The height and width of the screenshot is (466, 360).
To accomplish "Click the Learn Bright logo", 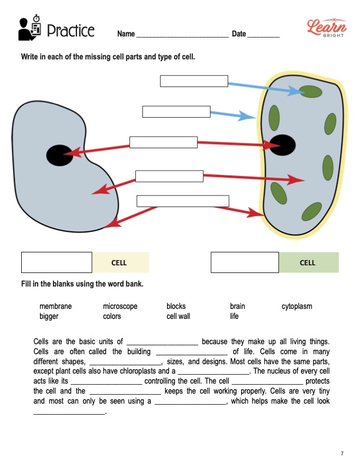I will (x=325, y=26).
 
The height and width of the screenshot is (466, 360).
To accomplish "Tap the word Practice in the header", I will (x=70, y=30).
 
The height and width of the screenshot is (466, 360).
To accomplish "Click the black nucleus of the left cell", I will (x=59, y=155).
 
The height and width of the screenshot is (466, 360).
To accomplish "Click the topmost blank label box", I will (x=194, y=81).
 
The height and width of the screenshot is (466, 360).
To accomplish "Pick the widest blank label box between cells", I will (x=182, y=201).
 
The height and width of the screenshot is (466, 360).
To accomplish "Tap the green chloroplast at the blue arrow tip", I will (x=309, y=92).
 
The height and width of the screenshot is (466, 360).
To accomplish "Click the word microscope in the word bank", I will (x=120, y=307).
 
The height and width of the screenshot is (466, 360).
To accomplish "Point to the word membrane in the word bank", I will (x=55, y=307).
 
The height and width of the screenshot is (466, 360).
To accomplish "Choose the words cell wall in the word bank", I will (x=178, y=317).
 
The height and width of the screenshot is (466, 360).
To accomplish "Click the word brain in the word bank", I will (x=238, y=307).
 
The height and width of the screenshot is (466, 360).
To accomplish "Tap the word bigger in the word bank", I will (x=49, y=317).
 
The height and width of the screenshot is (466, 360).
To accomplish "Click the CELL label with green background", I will (x=308, y=262).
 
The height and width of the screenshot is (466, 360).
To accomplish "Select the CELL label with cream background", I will (x=119, y=262).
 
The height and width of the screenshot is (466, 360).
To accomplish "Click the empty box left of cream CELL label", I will (x=56, y=262).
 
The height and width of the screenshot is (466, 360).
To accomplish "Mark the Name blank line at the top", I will (x=182, y=35).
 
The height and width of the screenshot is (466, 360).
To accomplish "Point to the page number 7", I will (x=342, y=453).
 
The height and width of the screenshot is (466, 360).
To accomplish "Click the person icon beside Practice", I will (x=29, y=28).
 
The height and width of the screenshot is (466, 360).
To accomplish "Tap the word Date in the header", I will (x=239, y=34).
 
